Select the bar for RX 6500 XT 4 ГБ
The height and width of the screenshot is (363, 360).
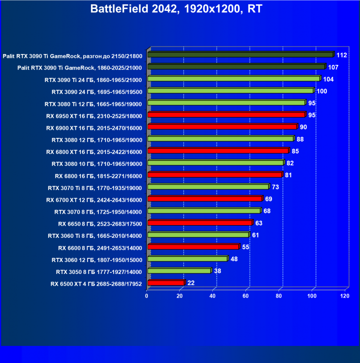pos(166,283)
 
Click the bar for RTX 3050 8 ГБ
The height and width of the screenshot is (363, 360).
pos(179,271)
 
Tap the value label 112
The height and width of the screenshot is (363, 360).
pos(342,55)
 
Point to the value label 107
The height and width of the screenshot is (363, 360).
pos(333,67)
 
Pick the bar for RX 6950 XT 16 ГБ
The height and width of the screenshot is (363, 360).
pos(226,115)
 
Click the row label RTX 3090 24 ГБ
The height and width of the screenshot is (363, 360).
pos(97,91)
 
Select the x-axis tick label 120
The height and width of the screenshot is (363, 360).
pos(345,296)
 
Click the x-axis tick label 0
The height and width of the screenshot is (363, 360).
pos(147,296)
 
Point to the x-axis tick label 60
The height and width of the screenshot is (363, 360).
pos(246,296)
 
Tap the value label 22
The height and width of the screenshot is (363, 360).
pos(191,283)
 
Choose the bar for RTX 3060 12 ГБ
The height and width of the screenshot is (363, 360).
pos(188,259)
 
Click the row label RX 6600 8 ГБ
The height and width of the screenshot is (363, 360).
pos(100,247)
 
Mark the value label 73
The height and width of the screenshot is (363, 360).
pos(275,187)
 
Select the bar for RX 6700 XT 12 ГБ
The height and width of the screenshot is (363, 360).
pos(205,199)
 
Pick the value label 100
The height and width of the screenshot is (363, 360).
pos(322,91)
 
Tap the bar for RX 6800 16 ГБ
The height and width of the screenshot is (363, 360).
pos(215,175)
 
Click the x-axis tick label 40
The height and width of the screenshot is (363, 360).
pos(213,296)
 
